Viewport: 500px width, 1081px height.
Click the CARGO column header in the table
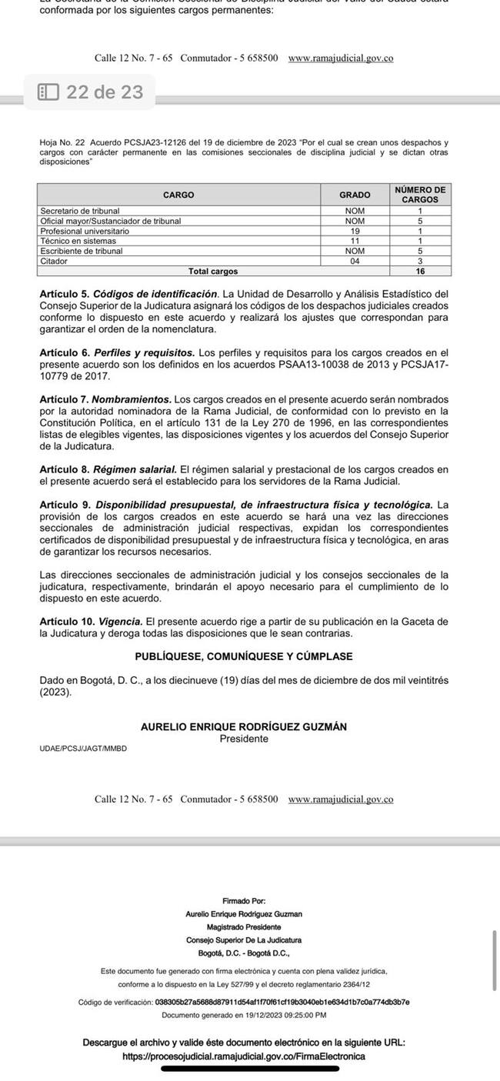pos(178,195)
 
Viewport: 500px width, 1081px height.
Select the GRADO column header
pos(355,195)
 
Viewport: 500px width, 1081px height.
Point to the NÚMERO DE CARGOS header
pos(420,195)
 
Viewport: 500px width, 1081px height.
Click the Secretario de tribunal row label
pos(80,211)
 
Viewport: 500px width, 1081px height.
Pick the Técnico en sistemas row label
pos(78,241)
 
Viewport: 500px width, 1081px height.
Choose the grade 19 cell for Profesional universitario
pos(355,231)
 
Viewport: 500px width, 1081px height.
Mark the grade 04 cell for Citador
pos(355,261)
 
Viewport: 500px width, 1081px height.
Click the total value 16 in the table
pos(420,271)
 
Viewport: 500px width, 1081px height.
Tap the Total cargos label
pos(213,271)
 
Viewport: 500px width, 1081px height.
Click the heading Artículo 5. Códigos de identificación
pos(128,294)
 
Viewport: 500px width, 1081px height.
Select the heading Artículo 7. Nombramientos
pos(105,400)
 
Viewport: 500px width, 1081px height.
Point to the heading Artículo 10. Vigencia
pos(91,621)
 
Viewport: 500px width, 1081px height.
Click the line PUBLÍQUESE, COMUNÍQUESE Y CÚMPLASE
pos(244,656)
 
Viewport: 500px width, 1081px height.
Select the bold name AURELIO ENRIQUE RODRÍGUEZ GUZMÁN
pos(244,727)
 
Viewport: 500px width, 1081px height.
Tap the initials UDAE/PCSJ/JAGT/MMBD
pos(83,749)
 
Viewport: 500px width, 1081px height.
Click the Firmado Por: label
pos(244,900)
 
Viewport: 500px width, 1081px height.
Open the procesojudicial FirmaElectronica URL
pos(244,1056)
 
